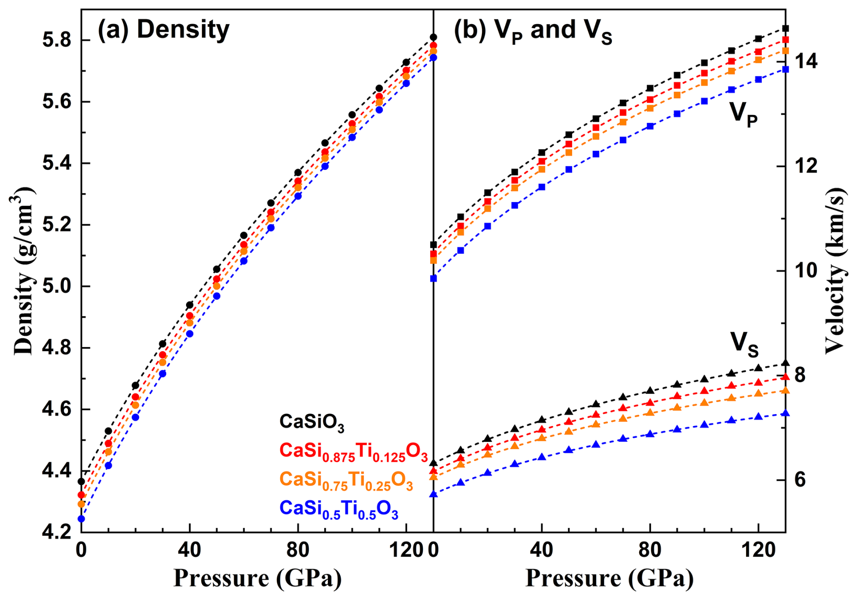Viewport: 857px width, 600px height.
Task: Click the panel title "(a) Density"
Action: pyautogui.click(x=164, y=30)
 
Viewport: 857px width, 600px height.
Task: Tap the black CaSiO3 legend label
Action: pyautogui.click(x=312, y=422)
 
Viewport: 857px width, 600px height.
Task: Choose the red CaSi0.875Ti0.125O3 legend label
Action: pyautogui.click(x=353, y=451)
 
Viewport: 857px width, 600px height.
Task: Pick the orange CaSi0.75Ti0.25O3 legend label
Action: pyautogui.click(x=346, y=480)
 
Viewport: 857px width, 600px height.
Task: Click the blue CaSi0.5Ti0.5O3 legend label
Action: pyautogui.click(x=339, y=509)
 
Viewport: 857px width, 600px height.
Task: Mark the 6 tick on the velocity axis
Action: pyautogui.click(x=800, y=480)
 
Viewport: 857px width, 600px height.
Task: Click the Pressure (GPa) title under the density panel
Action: pyautogui.click(x=257, y=579)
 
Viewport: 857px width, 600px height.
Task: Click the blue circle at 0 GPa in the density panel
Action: pyautogui.click(x=82, y=519)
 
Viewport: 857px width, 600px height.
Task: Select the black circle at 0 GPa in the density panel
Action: pyautogui.click(x=82, y=481)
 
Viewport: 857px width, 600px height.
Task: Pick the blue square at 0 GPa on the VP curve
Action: pyautogui.click(x=433, y=278)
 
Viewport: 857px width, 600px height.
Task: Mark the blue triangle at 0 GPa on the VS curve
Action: pyautogui.click(x=433, y=494)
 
